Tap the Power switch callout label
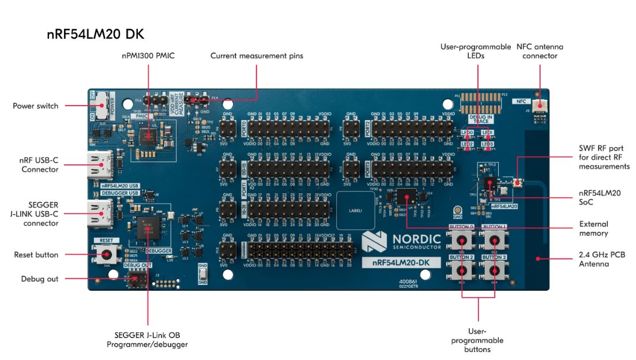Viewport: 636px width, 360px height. [36, 106]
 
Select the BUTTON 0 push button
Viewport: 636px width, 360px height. [462, 239]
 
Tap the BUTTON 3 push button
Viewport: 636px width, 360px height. [494, 268]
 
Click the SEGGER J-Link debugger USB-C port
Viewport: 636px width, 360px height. [97, 211]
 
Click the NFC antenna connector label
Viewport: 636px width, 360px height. [539, 51]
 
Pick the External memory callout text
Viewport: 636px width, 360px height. [594, 228]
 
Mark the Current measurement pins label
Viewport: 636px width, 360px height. [257, 56]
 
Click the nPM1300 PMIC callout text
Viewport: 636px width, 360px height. [149, 56]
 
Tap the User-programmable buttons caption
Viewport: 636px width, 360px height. [478, 340]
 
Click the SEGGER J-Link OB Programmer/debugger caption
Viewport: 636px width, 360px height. [148, 340]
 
